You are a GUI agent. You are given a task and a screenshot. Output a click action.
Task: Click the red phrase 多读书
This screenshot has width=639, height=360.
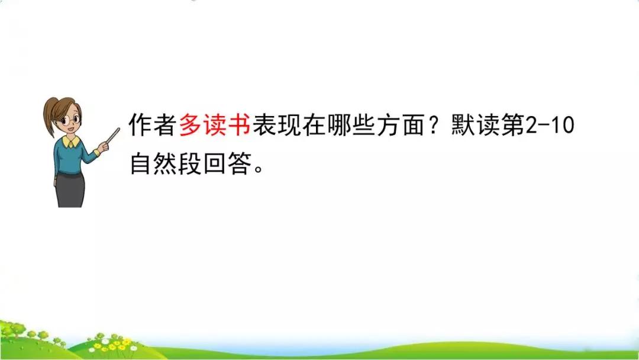click(x=214, y=126)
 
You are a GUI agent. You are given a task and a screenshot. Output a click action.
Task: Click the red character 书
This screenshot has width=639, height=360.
click(x=239, y=126)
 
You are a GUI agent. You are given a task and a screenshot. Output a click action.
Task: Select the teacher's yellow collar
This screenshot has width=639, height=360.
click(x=72, y=143)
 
